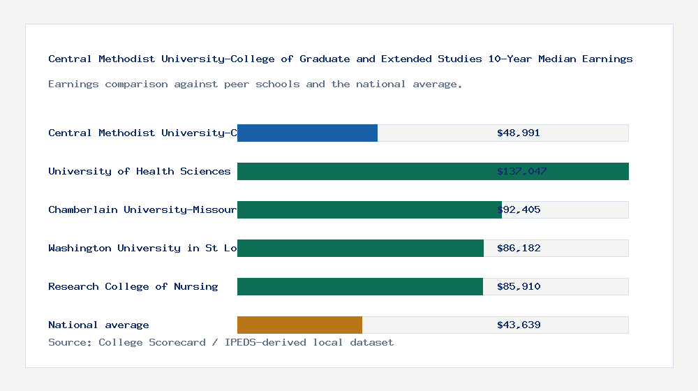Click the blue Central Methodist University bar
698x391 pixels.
click(307, 133)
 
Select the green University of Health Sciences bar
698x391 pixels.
click(433, 171)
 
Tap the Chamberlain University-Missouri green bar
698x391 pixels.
click(369, 209)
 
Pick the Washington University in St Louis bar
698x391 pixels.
click(360, 248)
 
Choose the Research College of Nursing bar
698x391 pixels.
click(359, 286)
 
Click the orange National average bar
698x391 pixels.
click(299, 325)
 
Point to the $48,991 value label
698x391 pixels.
click(519, 133)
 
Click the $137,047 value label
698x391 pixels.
click(522, 171)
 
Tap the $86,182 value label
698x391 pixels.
click(519, 248)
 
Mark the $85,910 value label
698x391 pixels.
click(519, 286)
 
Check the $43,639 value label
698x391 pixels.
click(519, 325)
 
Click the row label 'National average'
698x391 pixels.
click(98, 325)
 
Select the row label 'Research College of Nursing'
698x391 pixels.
click(133, 286)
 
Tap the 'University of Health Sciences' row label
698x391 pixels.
click(139, 171)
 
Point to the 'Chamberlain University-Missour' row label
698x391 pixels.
click(142, 209)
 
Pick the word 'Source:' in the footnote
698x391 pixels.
click(70, 342)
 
